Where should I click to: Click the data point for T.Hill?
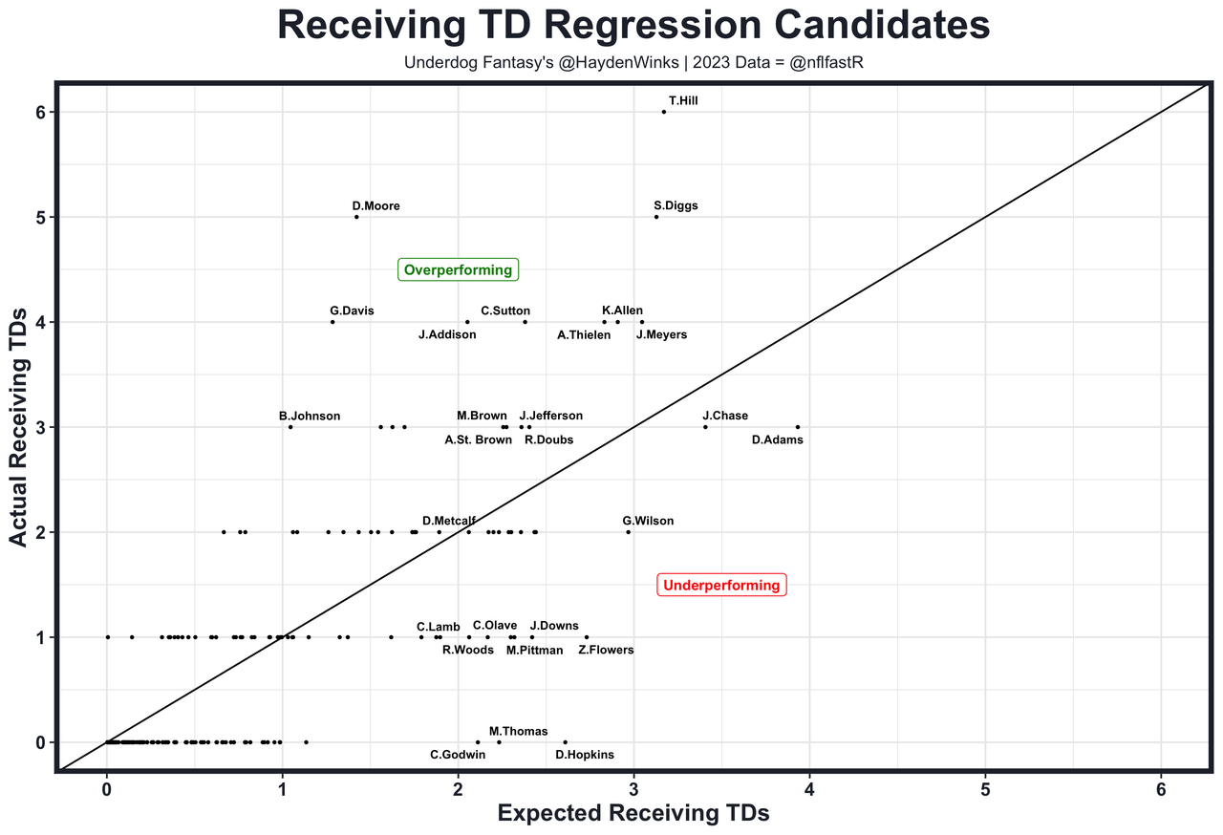click(x=664, y=112)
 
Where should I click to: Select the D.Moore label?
click(x=375, y=205)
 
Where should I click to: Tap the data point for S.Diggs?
click(x=656, y=217)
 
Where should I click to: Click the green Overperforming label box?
click(x=458, y=270)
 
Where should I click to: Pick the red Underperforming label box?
click(x=721, y=586)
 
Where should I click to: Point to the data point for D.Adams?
click(x=798, y=427)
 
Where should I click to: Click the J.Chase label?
click(x=725, y=416)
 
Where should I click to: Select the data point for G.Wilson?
click(x=628, y=532)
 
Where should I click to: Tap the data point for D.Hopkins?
click(x=565, y=742)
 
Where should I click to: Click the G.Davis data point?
click(x=333, y=322)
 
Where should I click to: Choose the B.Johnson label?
click(x=310, y=416)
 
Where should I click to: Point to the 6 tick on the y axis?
click(x=40, y=112)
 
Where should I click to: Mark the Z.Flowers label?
click(x=606, y=650)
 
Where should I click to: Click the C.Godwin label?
click(x=458, y=755)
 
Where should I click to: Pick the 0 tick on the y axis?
click(x=40, y=742)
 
